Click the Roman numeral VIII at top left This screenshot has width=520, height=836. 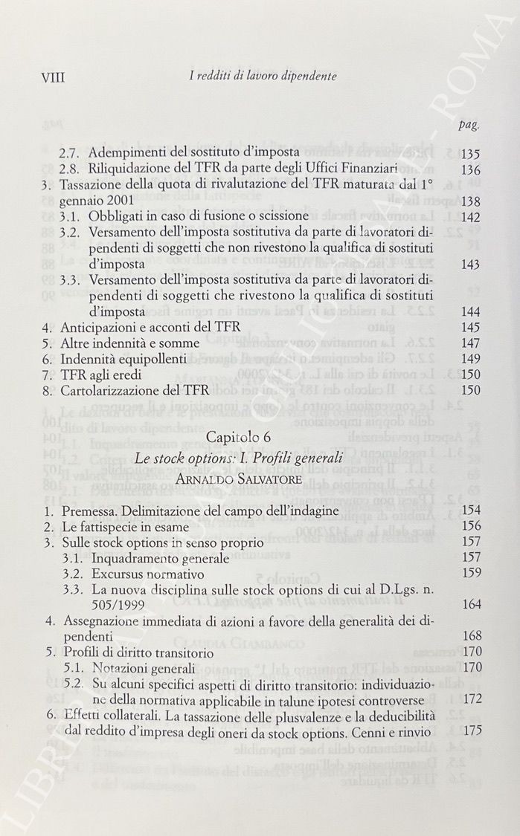(55, 76)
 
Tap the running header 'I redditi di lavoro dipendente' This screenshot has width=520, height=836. (252, 76)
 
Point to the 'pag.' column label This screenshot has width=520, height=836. (468, 124)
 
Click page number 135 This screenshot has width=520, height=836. (470, 154)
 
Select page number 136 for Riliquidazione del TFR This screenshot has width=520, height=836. (470, 169)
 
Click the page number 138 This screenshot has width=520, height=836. (470, 201)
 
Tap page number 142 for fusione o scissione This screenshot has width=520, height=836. (470, 216)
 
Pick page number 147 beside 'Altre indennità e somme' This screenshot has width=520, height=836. (470, 343)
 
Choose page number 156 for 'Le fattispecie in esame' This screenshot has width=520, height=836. (471, 526)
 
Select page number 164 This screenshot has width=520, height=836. (471, 604)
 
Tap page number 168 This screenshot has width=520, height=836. (471, 636)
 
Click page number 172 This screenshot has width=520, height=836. (471, 699)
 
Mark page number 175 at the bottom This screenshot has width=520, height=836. (471, 730)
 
